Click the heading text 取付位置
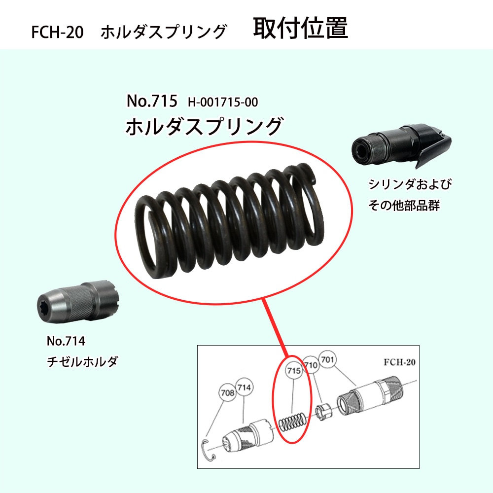pos(300,28)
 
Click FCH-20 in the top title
pos(58,32)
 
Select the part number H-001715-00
pos(223,102)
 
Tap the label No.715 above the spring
pos(152,101)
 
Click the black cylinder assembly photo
pos(401,147)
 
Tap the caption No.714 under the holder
pos(66,341)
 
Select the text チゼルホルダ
pos(82,361)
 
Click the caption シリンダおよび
pos(410,184)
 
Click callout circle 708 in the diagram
pos(228,392)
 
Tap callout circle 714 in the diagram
pos(245,387)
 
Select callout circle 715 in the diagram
pos(294,371)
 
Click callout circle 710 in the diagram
pos(311,365)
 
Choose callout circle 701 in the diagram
pos(327,359)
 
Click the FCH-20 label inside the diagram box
pos(399,362)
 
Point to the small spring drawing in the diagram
pos(292,423)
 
